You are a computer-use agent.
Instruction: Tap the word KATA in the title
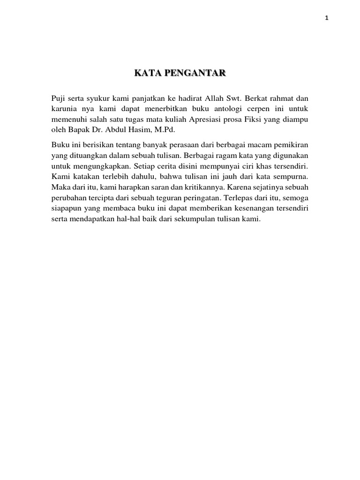coord(147,73)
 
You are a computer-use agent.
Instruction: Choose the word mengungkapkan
coord(96,165)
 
